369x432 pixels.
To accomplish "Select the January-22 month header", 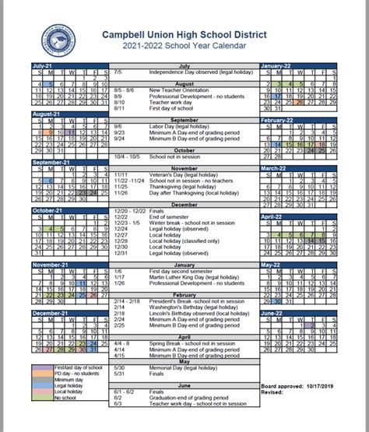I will [x=277, y=66].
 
